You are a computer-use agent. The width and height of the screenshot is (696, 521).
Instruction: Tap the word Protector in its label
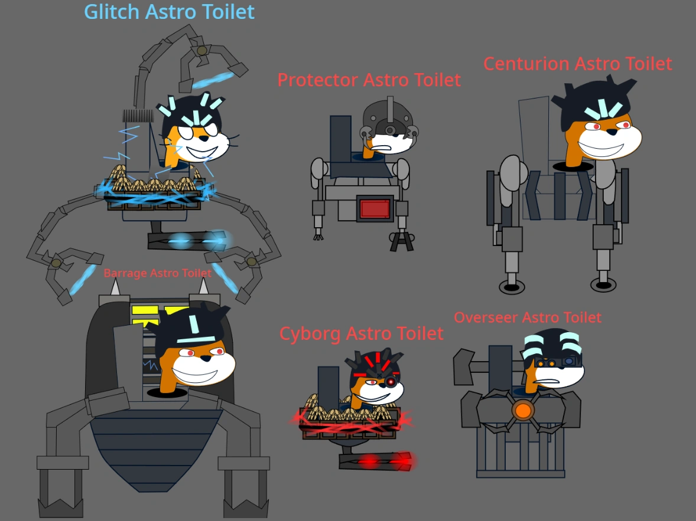[x=318, y=80]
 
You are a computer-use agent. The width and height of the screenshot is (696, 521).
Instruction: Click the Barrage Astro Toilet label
[x=157, y=273]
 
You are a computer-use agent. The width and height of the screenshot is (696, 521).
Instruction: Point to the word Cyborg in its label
[x=310, y=333]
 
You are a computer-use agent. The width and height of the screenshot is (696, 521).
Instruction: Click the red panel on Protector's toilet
[x=375, y=209]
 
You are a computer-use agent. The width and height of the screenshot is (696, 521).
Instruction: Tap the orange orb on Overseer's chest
[x=523, y=409]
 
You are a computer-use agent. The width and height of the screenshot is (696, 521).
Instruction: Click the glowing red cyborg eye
[x=391, y=382]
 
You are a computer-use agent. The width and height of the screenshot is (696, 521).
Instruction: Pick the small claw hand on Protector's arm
[x=320, y=236]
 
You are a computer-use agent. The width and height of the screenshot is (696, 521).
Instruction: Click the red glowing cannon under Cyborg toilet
[x=376, y=461]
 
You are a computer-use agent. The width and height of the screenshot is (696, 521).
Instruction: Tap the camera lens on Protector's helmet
[x=390, y=130]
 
